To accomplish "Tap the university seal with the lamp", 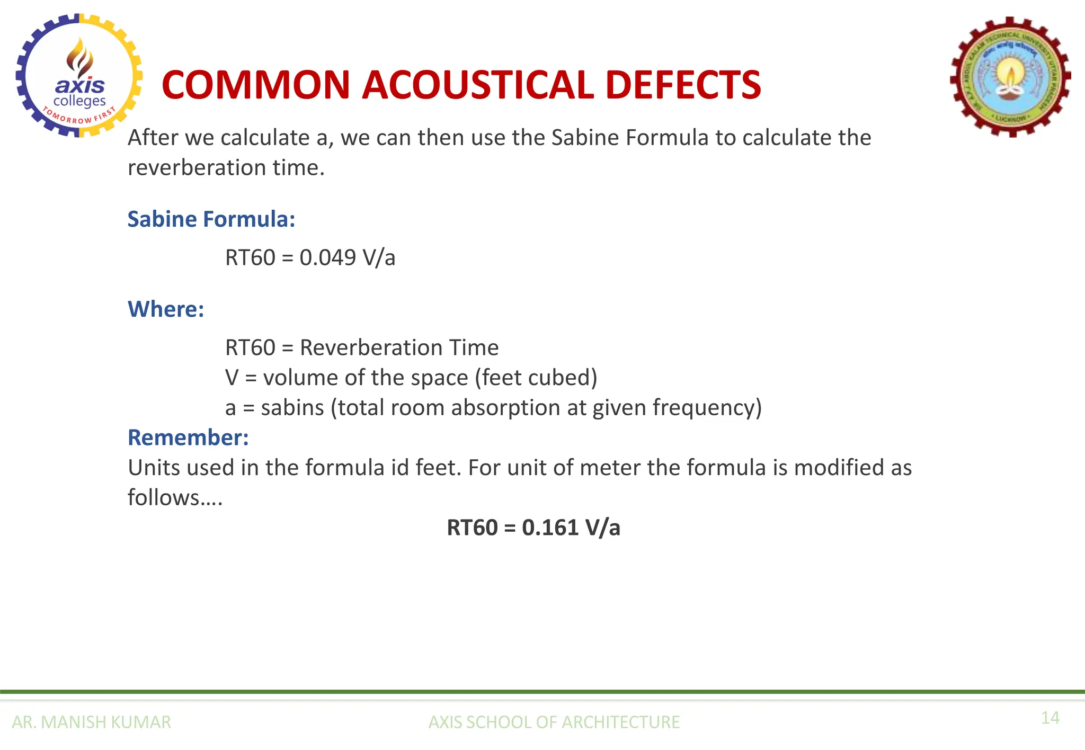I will pyautogui.click(x=1011, y=77).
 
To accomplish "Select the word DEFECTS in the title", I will pyautogui.click(x=683, y=85).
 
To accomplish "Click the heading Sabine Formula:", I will pyautogui.click(x=211, y=219).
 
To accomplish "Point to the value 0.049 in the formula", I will pyautogui.click(x=327, y=258).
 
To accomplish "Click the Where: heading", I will pyautogui.click(x=166, y=309).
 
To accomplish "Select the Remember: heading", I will pyautogui.click(x=188, y=438).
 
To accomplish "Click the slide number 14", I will pyautogui.click(x=1050, y=718).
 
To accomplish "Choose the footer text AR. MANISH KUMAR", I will pyautogui.click(x=91, y=722).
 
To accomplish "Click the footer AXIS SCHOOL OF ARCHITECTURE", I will pyautogui.click(x=554, y=722).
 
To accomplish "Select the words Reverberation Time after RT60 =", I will pyautogui.click(x=399, y=348).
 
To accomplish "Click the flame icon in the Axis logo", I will pyautogui.click(x=80, y=57).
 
